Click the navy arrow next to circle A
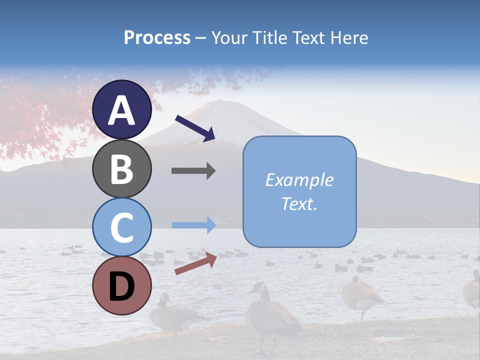(x=195, y=128)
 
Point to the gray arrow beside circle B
(x=193, y=171)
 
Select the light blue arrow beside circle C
(x=193, y=225)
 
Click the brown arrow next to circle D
(x=195, y=263)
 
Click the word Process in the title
(x=157, y=38)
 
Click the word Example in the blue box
(x=299, y=180)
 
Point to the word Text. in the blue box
(x=299, y=204)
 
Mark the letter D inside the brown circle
(x=122, y=286)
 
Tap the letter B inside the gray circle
(x=122, y=169)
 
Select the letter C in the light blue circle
(x=122, y=228)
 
